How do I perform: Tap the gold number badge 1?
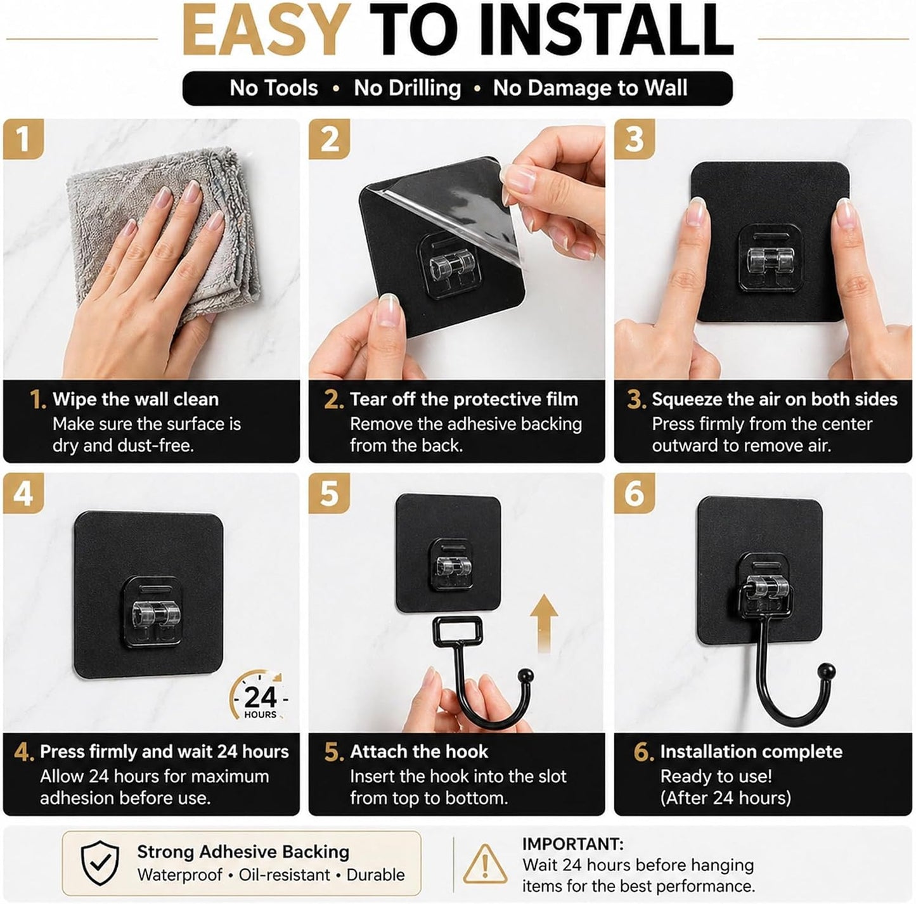23,139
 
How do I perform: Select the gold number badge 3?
635,139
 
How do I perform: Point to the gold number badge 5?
329,493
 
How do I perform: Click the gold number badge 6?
635,493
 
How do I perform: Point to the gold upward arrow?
545,624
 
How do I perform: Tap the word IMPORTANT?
573,844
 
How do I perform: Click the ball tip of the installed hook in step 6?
828,671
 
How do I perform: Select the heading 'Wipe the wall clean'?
136,399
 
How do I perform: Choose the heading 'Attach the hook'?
419,752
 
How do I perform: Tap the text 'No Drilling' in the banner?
408,89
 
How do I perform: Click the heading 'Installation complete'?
751,752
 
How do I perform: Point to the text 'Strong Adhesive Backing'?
243,851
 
